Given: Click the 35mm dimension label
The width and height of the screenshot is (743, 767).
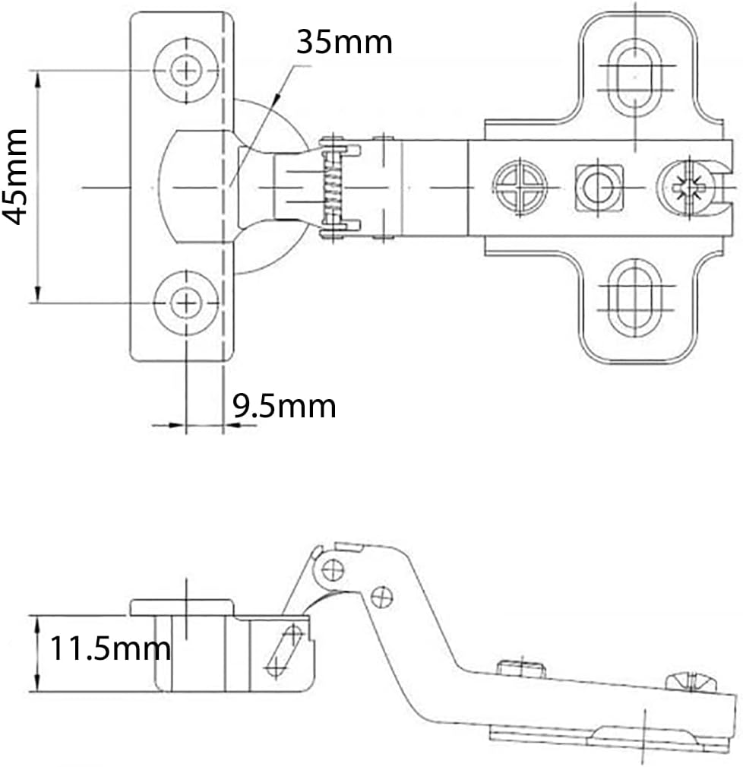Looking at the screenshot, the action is click(x=344, y=42).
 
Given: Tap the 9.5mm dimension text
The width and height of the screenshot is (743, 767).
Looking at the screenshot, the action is click(x=284, y=406).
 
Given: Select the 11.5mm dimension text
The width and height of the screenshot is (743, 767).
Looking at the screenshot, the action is click(x=110, y=648).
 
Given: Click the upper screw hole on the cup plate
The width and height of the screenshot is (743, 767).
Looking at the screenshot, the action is click(x=186, y=71).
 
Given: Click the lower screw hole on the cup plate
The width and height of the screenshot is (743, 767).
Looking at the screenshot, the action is click(x=186, y=303).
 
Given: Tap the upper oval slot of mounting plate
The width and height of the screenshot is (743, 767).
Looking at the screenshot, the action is click(x=634, y=78).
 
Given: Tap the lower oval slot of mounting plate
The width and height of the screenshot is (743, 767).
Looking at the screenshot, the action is click(x=634, y=298).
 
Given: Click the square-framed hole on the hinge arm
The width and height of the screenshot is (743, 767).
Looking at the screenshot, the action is click(x=599, y=188).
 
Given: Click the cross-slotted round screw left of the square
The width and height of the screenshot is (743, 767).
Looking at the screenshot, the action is click(x=520, y=187).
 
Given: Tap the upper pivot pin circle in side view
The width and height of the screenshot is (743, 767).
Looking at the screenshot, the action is click(x=333, y=569).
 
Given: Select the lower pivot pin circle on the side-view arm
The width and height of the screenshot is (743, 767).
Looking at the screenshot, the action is click(x=382, y=597).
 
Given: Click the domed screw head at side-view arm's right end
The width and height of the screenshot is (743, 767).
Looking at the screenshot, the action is click(x=691, y=681).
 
